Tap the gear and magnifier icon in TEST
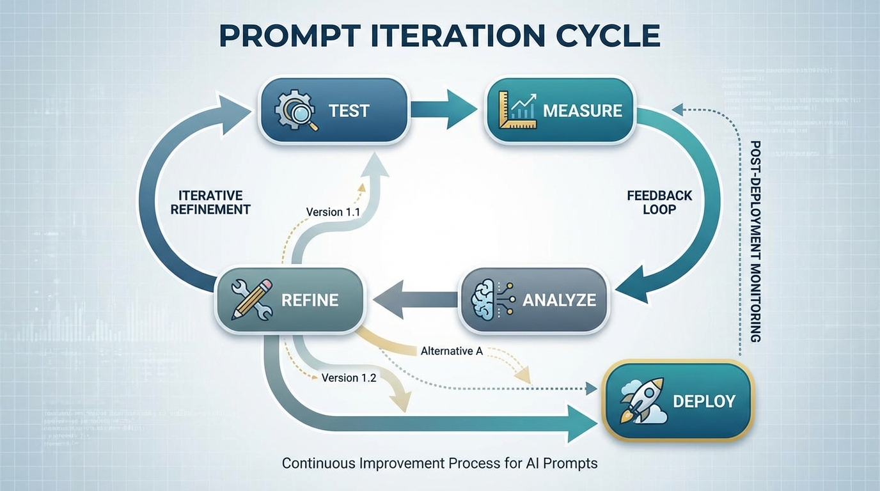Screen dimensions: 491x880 [x=296, y=110]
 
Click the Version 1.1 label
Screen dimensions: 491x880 [x=333, y=212]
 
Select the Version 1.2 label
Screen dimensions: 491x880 [x=349, y=377]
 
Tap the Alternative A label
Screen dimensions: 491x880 [x=452, y=351]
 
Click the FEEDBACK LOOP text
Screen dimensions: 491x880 [x=659, y=202]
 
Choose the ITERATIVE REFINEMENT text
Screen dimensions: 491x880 [x=210, y=202]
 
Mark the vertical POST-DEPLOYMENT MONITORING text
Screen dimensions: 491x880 [x=755, y=241]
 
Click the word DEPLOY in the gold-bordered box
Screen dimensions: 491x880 [x=704, y=401]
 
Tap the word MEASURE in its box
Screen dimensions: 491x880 [x=582, y=110]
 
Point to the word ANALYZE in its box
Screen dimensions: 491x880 [x=559, y=299]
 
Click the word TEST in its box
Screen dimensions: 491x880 [x=349, y=110]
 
